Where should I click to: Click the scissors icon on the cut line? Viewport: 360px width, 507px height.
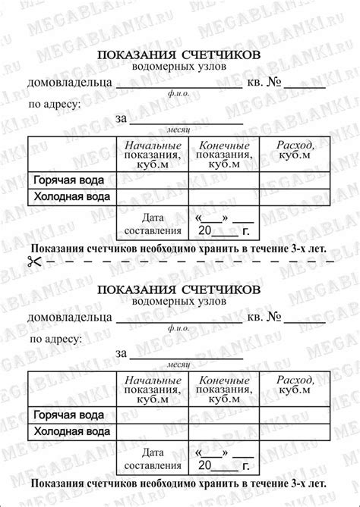click(33, 261)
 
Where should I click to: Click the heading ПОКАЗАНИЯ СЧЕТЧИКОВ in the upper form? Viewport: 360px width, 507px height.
click(179, 55)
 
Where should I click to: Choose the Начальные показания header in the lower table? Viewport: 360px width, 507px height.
click(153, 389)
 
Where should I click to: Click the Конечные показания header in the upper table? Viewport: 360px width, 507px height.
click(224, 155)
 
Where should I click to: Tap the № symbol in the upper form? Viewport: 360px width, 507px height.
click(278, 82)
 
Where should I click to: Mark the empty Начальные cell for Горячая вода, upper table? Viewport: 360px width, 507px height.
click(153, 180)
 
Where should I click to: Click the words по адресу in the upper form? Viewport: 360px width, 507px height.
click(54, 105)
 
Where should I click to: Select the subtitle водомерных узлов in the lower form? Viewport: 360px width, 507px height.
click(179, 301)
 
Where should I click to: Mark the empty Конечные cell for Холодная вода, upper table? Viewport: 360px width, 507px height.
click(224, 197)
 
